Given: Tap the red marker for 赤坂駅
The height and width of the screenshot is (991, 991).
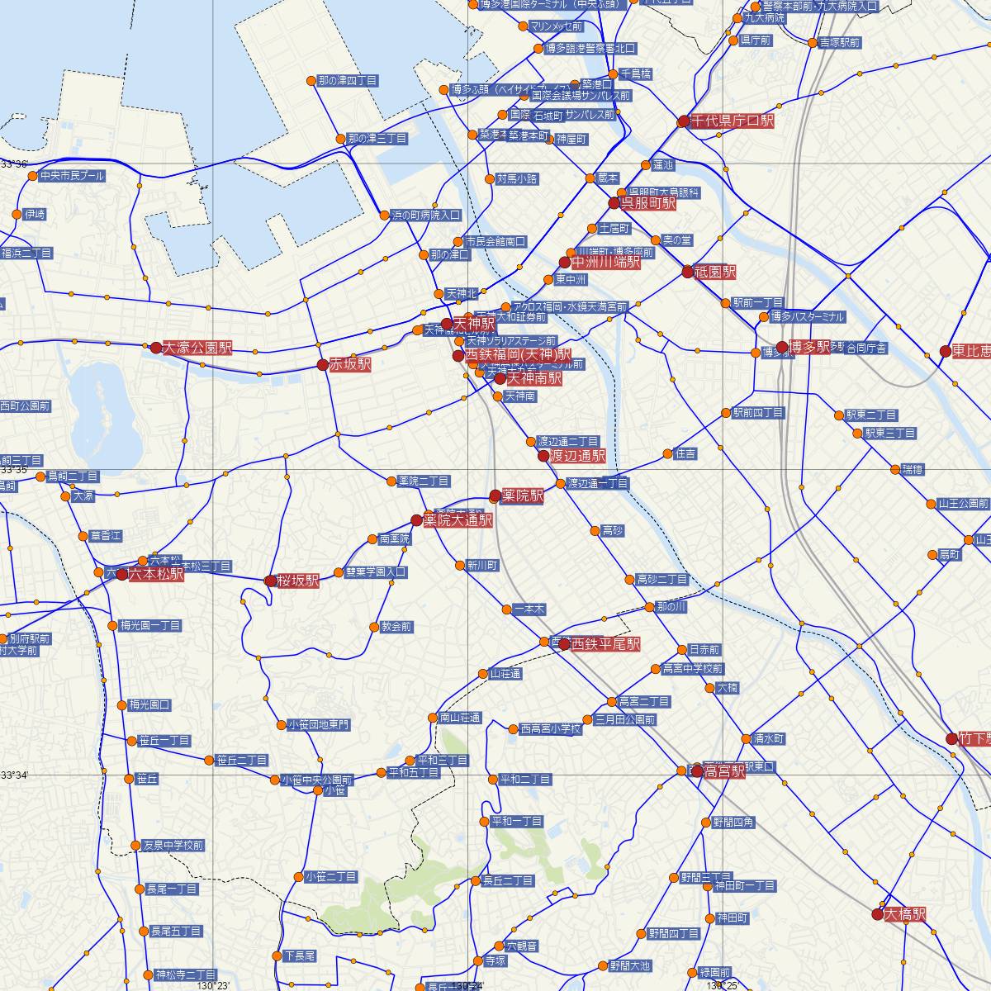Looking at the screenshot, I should coord(323,364).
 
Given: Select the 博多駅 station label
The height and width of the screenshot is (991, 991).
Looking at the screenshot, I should coord(809,347).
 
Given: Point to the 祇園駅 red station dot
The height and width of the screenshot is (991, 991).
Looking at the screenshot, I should coord(688,272).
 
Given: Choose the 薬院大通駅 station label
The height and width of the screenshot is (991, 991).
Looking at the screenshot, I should coord(458,520).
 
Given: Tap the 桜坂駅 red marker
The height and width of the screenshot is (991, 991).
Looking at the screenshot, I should coord(270,581).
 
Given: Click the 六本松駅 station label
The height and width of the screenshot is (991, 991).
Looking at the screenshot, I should coord(156,574).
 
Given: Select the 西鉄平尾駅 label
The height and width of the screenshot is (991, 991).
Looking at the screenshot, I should coord(605,644).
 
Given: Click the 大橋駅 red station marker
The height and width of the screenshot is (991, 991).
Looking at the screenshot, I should coord(877,914).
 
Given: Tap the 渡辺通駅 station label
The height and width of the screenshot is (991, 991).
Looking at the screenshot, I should coord(577,456).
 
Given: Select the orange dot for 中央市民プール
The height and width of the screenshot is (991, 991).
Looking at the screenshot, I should coord(33,176).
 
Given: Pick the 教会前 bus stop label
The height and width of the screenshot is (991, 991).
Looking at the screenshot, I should coord(396,627).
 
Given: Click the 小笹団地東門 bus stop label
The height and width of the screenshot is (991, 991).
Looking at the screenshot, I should coord(318,725).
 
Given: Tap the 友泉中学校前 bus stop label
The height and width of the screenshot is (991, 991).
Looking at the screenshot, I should coord(173,846).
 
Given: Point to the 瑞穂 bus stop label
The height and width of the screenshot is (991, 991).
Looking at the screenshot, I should coord(913,470).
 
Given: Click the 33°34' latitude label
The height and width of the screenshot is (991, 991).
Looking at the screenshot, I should coord(14,775).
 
